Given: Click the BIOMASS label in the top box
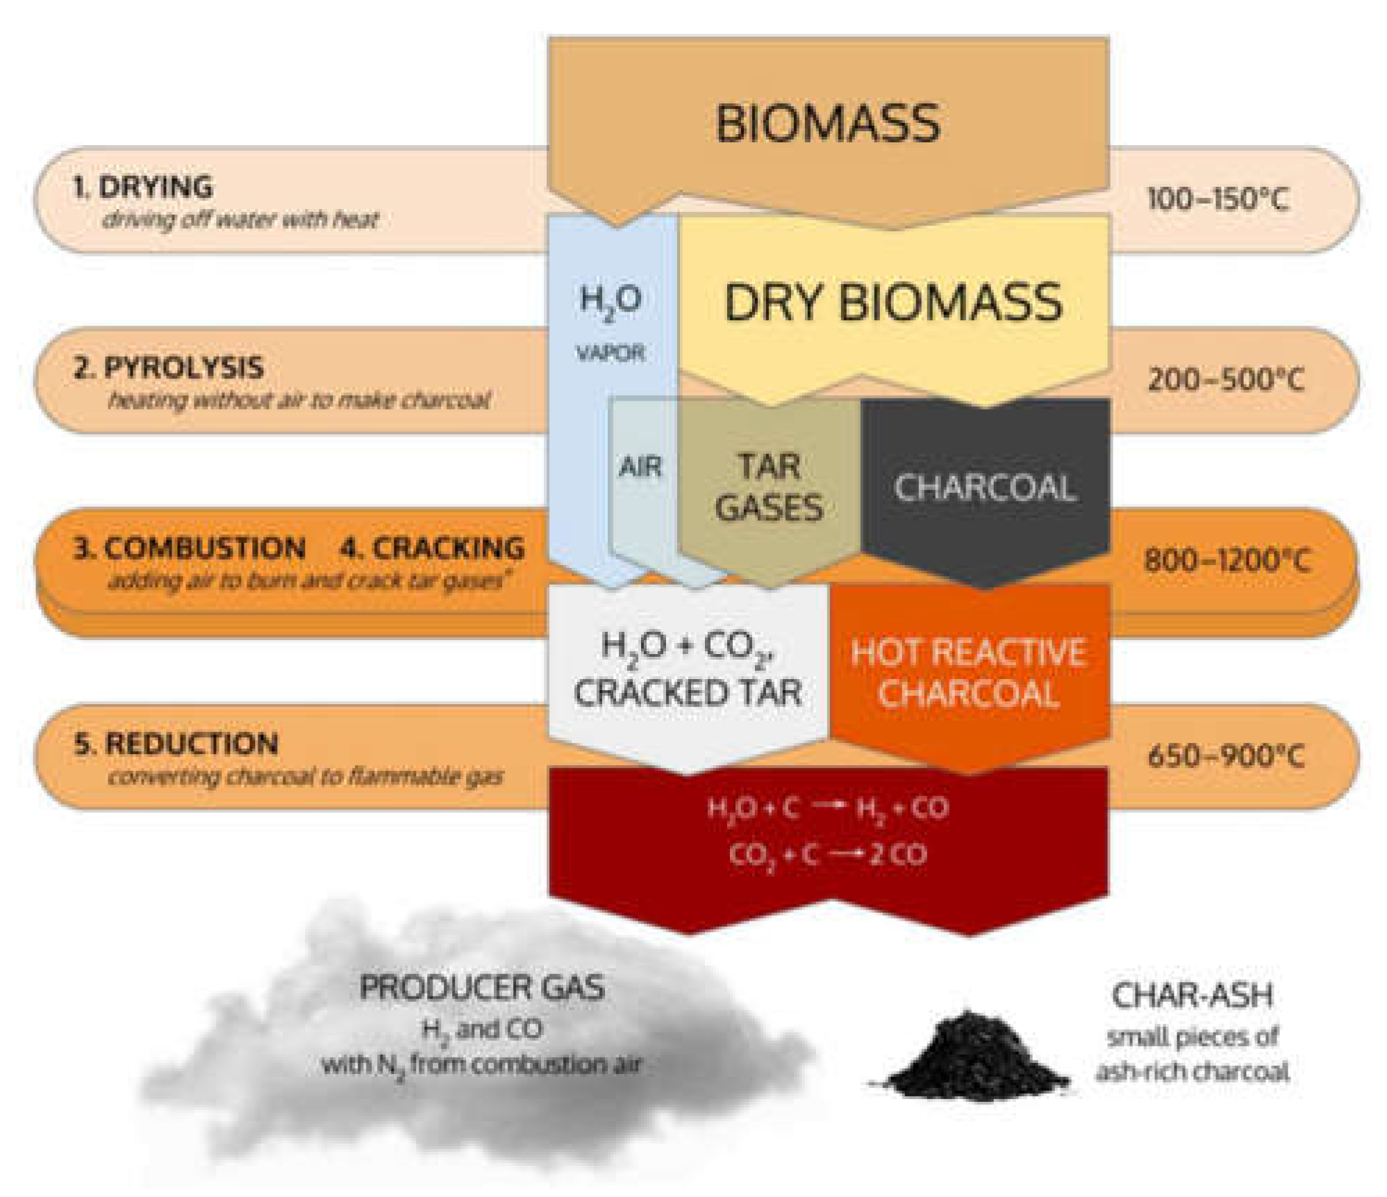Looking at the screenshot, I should [x=827, y=124].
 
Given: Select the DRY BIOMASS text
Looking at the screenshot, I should [x=893, y=303].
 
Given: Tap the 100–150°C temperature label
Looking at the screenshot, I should [x=1218, y=200].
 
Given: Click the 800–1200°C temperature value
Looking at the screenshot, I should [x=1227, y=560].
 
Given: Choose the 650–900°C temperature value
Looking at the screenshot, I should [x=1226, y=755].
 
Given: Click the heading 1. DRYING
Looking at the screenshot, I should [x=143, y=187].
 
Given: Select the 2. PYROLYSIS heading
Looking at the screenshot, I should [x=169, y=368].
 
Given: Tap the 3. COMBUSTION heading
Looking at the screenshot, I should [x=190, y=549].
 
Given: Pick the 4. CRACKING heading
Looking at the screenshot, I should [x=432, y=549].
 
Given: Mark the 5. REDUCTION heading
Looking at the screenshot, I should [x=176, y=744].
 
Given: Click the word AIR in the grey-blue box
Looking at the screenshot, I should [x=640, y=467].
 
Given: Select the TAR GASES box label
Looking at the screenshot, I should [x=769, y=487].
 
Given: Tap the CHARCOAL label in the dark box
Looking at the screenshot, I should [x=984, y=487].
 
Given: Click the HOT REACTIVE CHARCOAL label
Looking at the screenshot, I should [x=968, y=673].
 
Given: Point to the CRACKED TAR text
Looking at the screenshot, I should [x=688, y=693].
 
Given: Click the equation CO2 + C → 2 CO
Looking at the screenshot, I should [x=827, y=855].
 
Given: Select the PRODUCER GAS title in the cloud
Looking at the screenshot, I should [x=482, y=987].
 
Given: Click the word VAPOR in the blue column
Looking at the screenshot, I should [x=611, y=353].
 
